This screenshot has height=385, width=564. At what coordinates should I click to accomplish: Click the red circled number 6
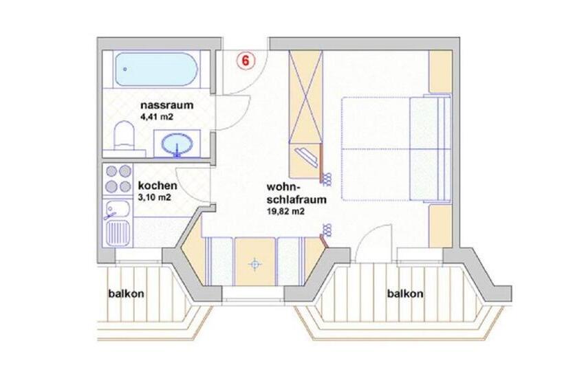click(x=245, y=60)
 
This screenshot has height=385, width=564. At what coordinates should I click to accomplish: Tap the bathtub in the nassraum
click(x=156, y=67)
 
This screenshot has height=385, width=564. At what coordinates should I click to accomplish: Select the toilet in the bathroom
click(x=124, y=135)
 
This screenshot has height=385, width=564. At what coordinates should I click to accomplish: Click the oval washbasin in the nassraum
click(x=180, y=145)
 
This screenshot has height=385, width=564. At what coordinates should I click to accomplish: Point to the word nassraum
click(x=166, y=106)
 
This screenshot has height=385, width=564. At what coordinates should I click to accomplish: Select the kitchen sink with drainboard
click(x=116, y=221)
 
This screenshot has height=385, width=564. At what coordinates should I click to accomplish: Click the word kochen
click(x=158, y=186)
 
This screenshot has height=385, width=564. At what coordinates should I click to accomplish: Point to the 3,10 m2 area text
click(x=155, y=197)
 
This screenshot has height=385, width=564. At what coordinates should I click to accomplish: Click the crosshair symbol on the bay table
click(x=256, y=263)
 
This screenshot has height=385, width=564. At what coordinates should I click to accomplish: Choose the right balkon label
click(x=404, y=294)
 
